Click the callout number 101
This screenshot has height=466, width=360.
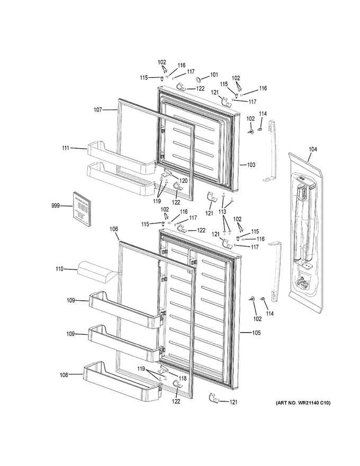pyautogui.click(x=213, y=75)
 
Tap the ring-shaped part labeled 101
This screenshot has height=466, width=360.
pyautogui.click(x=198, y=79)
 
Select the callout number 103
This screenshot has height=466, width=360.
pyautogui.click(x=251, y=165)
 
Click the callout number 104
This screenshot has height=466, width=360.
pyautogui.click(x=312, y=149)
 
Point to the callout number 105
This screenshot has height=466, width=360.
pyautogui.click(x=256, y=333)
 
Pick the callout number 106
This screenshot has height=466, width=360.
pyautogui.click(x=113, y=229)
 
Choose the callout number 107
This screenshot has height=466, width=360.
pyautogui.click(x=98, y=110)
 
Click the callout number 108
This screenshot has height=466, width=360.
pyautogui.click(x=64, y=375)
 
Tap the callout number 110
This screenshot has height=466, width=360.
pyautogui.click(x=59, y=269)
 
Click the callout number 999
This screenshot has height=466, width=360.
pyautogui.click(x=55, y=205)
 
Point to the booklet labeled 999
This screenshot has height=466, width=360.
pyautogui.click(x=82, y=209)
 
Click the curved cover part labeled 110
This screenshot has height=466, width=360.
pyautogui.click(x=96, y=273)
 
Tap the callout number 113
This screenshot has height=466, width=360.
pyautogui.click(x=222, y=212)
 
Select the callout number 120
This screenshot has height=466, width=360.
pyautogui.click(x=183, y=181)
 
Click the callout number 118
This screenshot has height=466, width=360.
pyautogui.click(x=182, y=378)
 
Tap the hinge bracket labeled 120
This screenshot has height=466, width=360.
pyautogui.click(x=166, y=173)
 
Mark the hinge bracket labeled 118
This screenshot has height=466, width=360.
pyautogui.click(x=164, y=370)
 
